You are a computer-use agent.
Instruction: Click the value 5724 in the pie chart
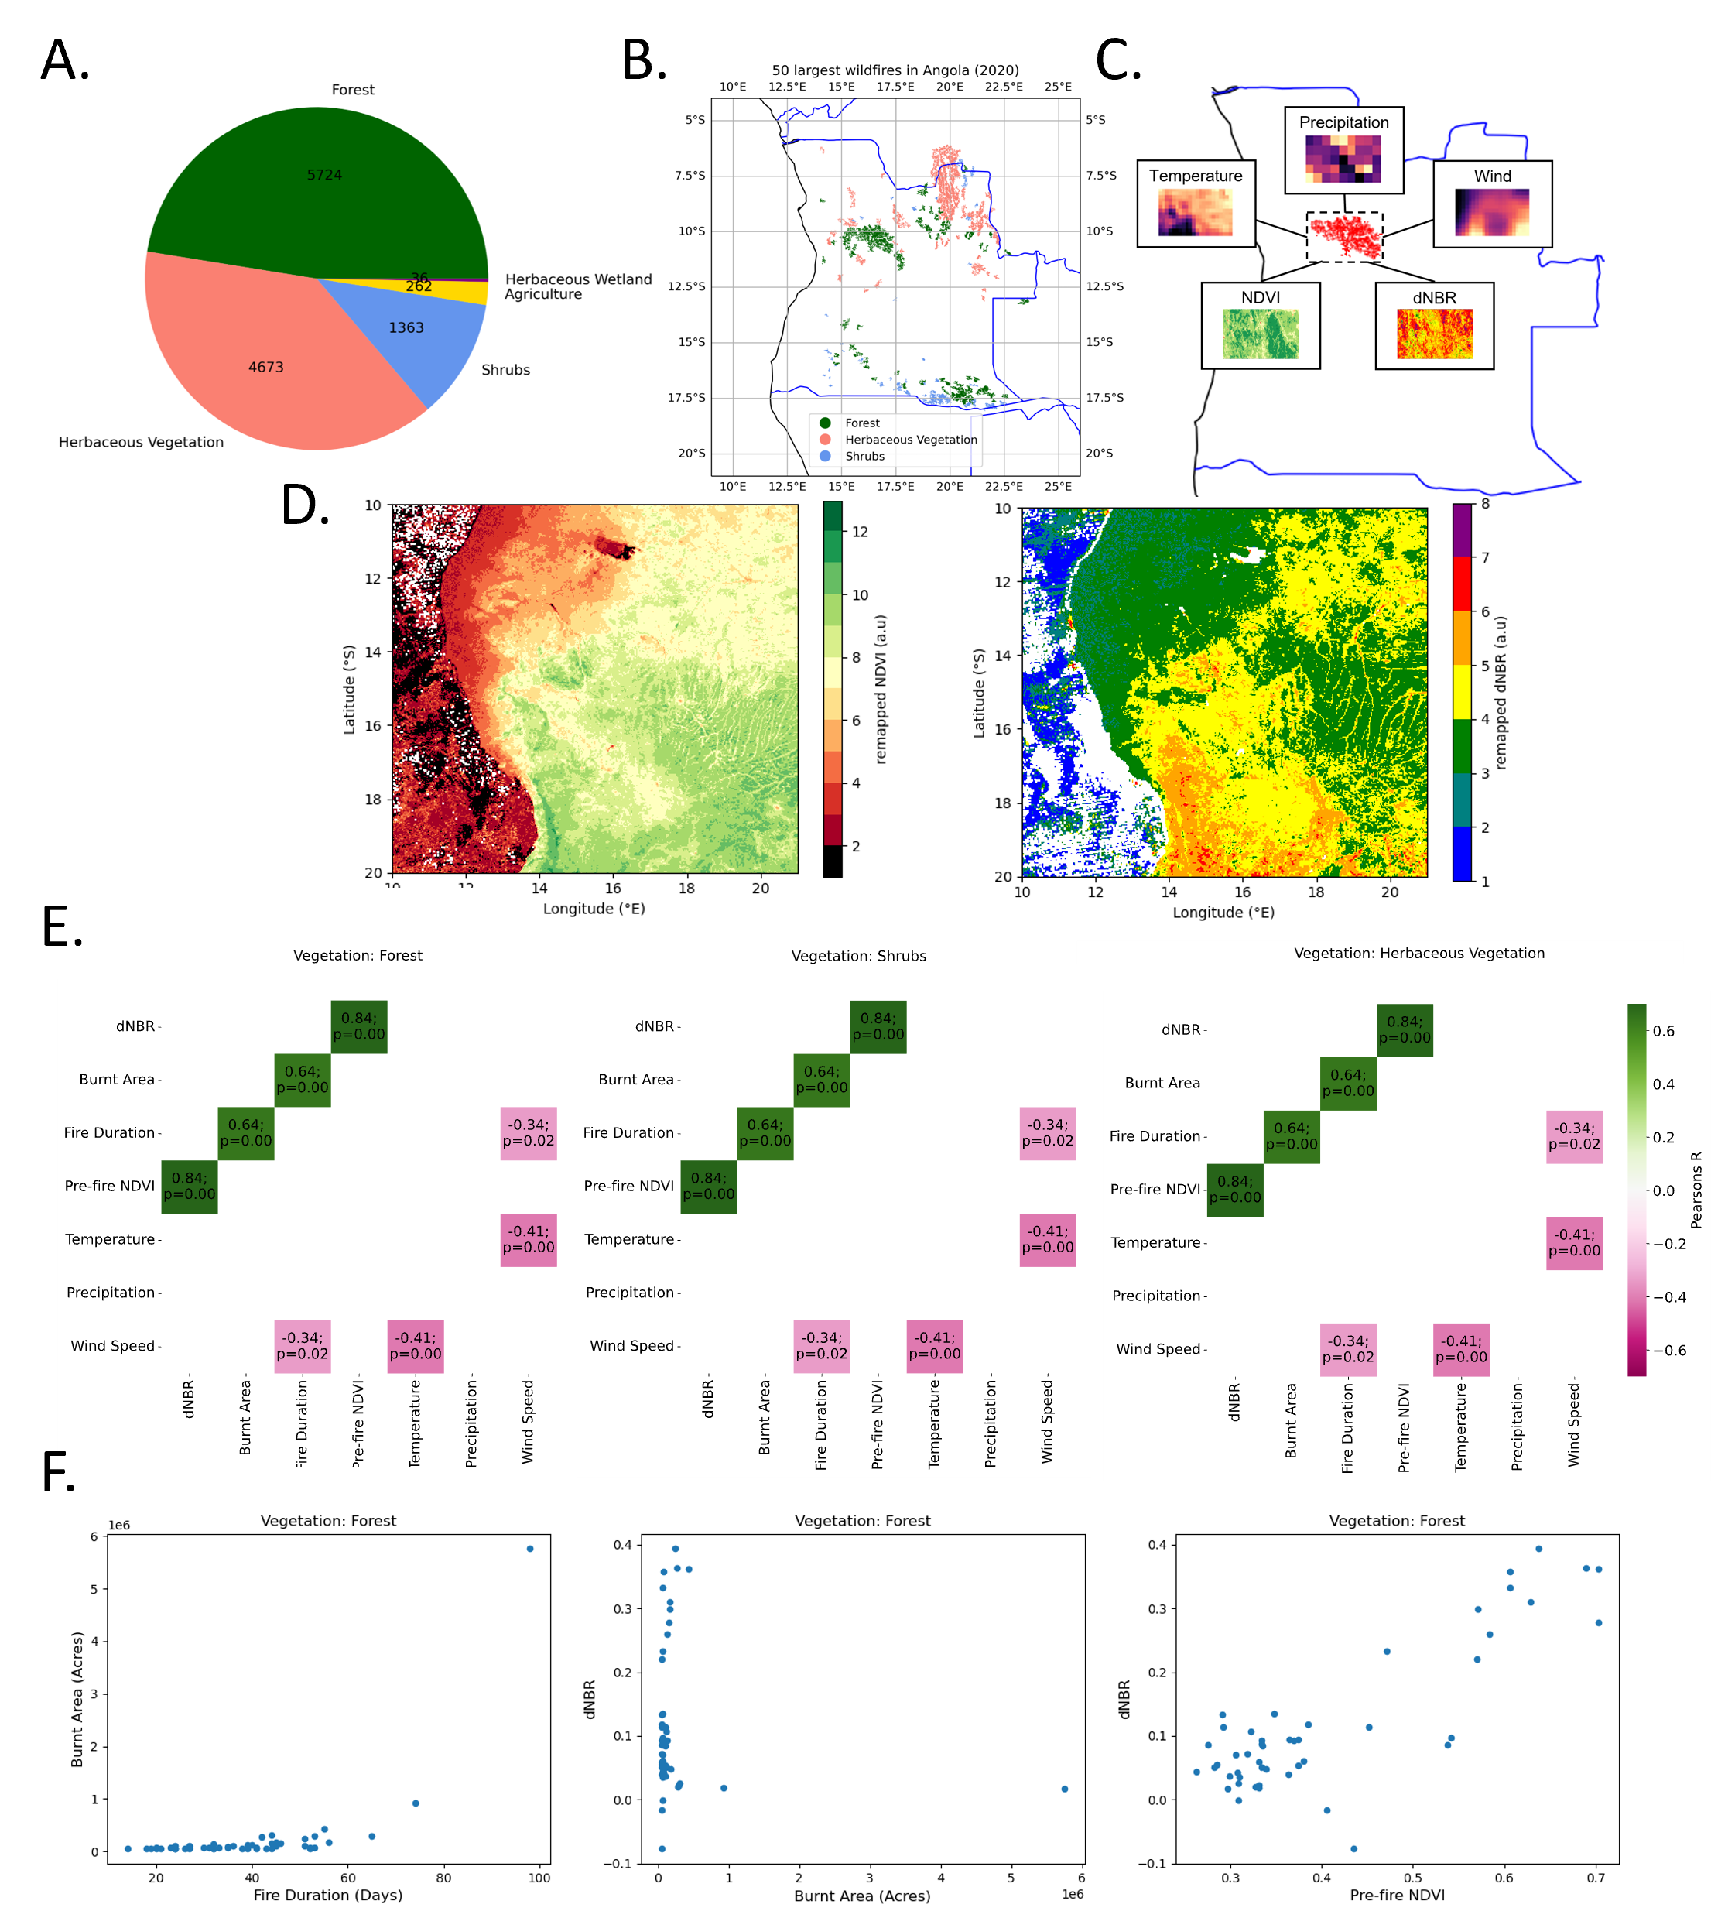[x=324, y=175]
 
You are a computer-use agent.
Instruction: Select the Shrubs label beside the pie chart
[x=506, y=370]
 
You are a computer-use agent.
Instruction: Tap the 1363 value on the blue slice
[x=406, y=327]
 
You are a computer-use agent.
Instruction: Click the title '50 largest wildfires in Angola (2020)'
[x=895, y=70]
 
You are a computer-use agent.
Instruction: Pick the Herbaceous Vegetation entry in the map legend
[x=910, y=439]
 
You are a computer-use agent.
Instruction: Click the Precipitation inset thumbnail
[x=1343, y=158]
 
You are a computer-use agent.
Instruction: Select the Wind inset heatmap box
[x=1492, y=213]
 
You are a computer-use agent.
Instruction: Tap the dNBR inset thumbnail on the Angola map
[x=1435, y=334]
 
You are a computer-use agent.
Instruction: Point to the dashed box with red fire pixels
[x=1344, y=237]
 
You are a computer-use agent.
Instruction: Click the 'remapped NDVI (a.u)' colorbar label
[x=881, y=690]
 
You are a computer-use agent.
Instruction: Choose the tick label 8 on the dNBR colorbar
[x=1485, y=504]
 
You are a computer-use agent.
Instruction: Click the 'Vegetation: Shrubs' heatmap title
[x=858, y=955]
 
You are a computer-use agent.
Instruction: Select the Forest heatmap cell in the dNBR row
[x=359, y=1026]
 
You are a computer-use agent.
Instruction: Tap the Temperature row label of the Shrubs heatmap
[x=629, y=1239]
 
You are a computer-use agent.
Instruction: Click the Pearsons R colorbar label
[x=1696, y=1190]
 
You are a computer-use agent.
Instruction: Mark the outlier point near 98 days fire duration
[x=530, y=1549]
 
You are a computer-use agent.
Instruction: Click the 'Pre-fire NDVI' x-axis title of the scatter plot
[x=1397, y=1895]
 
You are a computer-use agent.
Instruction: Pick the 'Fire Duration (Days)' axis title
[x=328, y=1895]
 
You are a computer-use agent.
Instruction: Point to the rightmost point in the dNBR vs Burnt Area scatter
[x=1064, y=1789]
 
